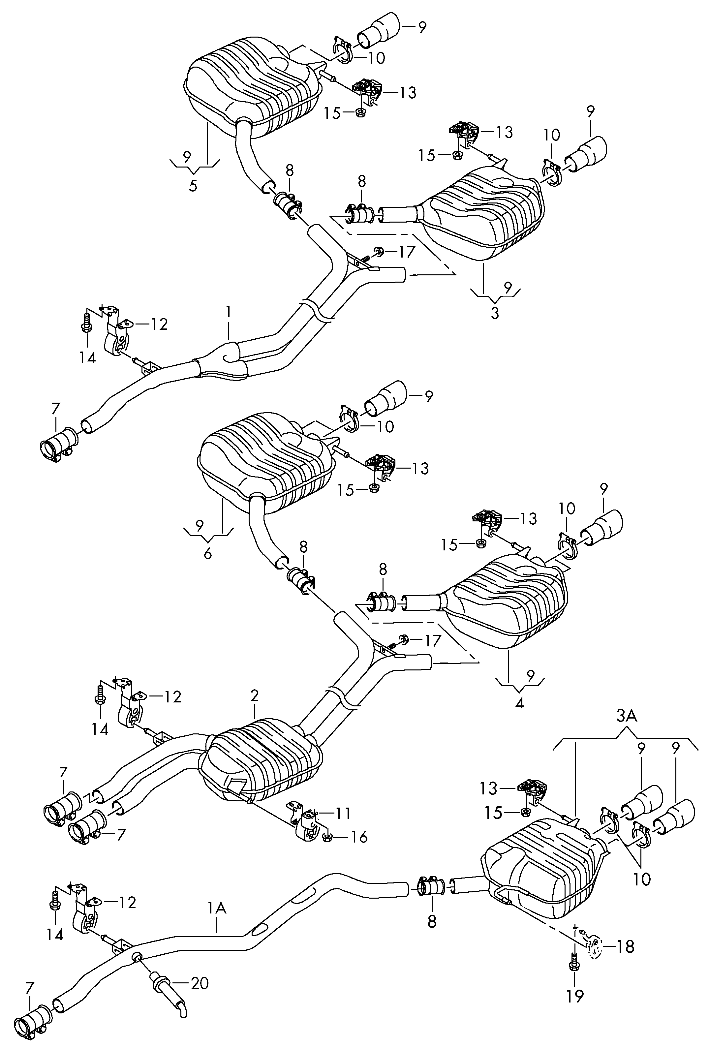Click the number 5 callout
click(x=193, y=186)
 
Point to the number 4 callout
click(x=519, y=703)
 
